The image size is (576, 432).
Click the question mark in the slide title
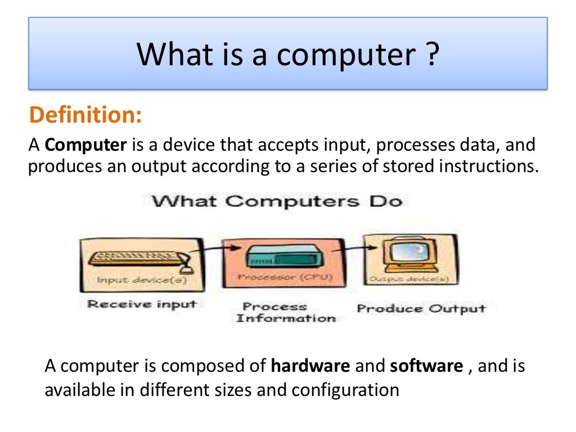(x=430, y=55)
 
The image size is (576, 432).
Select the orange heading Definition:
(x=85, y=115)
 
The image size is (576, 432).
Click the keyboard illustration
(x=138, y=258)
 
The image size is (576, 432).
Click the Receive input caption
(x=142, y=304)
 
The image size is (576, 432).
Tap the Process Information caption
(x=285, y=312)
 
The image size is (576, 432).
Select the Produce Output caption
(x=421, y=308)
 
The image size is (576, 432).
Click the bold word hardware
(x=310, y=366)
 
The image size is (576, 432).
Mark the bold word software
(x=426, y=366)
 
